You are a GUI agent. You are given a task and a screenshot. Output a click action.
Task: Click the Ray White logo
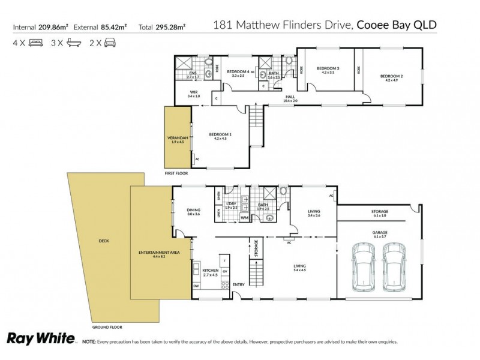tap(40, 338)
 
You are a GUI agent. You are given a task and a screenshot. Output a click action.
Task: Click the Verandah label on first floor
tap(178, 139)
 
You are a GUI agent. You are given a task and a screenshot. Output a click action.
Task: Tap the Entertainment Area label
tap(159, 256)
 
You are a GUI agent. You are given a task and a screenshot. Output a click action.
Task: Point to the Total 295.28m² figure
tap(162, 27)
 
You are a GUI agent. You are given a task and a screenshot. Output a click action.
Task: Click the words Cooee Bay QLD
tap(397, 25)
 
